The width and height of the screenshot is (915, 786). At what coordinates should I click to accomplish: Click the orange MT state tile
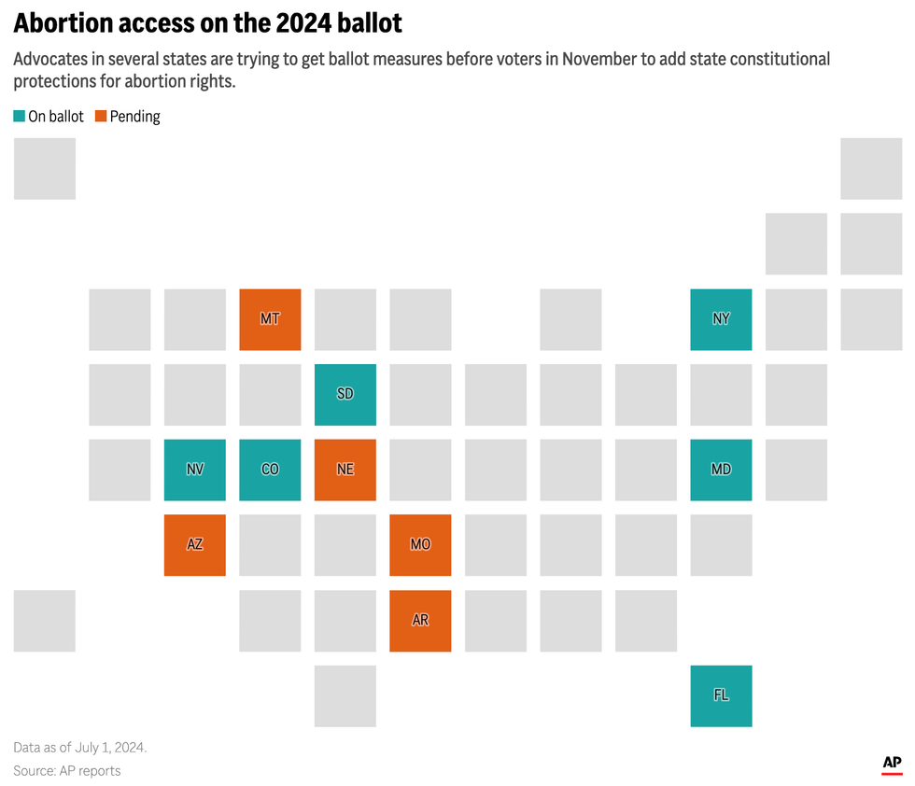click(270, 319)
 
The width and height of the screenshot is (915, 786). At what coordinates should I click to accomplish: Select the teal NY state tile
click(721, 319)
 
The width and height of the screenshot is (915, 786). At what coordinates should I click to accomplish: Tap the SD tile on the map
click(345, 394)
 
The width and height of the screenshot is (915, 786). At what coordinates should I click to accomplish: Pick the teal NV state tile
click(194, 470)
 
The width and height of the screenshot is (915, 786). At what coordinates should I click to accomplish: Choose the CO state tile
click(270, 470)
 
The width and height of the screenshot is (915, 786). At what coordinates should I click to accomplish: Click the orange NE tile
click(345, 470)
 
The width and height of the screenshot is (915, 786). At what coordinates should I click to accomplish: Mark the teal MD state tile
click(721, 470)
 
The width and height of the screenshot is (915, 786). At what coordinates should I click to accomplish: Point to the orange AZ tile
click(194, 545)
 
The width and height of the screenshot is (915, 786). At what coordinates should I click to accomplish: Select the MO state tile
click(420, 545)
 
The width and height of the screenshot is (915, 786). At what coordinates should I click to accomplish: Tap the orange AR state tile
click(420, 621)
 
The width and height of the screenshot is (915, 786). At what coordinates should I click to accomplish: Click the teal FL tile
click(721, 695)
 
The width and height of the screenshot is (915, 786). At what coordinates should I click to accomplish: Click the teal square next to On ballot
click(20, 117)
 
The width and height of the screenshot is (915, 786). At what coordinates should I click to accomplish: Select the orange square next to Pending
click(101, 117)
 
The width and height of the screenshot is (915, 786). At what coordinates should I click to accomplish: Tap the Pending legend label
click(135, 117)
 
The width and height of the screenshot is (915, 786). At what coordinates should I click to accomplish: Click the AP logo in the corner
click(893, 765)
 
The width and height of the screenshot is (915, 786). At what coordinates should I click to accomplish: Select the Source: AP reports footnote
click(67, 770)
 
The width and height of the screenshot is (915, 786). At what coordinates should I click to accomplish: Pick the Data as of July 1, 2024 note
click(80, 748)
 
